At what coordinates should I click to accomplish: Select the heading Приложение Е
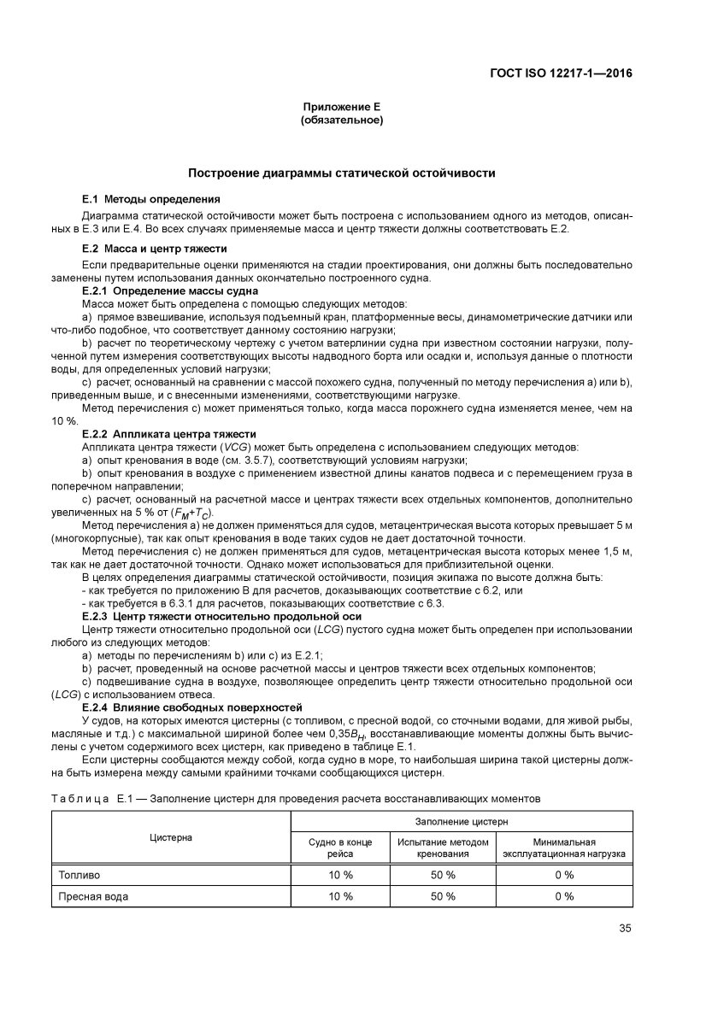(x=341, y=108)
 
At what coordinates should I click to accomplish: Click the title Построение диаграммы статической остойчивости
(x=341, y=173)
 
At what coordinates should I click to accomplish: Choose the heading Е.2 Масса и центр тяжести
(x=154, y=249)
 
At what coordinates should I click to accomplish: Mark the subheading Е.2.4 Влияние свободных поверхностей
(x=192, y=708)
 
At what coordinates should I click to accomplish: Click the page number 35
(x=625, y=929)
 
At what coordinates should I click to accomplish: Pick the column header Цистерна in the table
(x=171, y=837)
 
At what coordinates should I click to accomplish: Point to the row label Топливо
(x=79, y=875)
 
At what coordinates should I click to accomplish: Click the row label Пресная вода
(x=93, y=896)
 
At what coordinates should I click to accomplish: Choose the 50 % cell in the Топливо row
(x=443, y=875)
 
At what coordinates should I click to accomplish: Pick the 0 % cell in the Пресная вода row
(x=563, y=896)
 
